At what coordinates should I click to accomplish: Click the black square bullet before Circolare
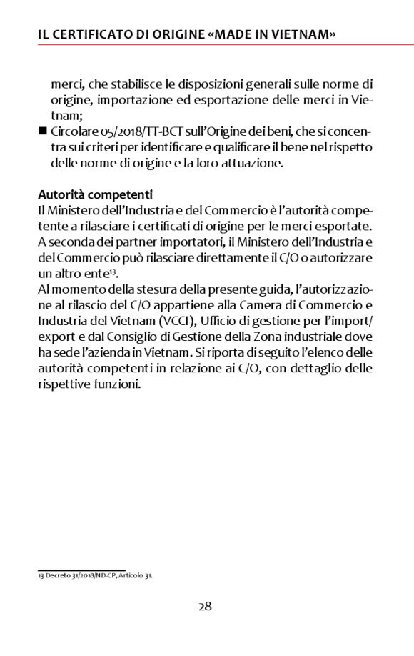[x=42, y=132]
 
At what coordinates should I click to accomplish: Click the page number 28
[x=205, y=607]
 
